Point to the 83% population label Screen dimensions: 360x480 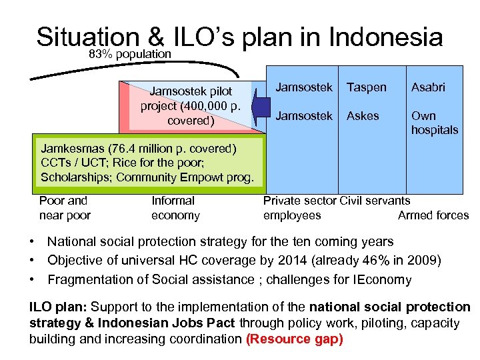(x=130, y=53)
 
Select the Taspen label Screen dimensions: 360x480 (x=366, y=87)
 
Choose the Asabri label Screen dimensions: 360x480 (x=428, y=87)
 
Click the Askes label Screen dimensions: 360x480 (x=363, y=115)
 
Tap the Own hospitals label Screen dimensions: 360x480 (x=434, y=123)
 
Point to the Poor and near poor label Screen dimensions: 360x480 (x=64, y=207)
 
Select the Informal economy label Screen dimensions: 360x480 (x=175, y=207)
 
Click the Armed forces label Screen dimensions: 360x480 (x=433, y=215)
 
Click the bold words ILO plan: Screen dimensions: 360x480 (x=57, y=307)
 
